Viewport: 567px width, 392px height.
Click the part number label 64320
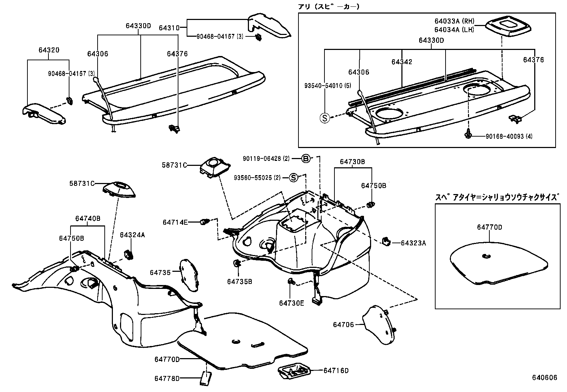click(49, 50)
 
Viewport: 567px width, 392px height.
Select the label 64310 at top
click(170, 27)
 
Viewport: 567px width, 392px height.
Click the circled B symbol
click(306, 159)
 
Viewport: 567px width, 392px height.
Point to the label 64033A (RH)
click(454, 22)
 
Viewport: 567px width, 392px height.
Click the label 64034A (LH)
click(454, 30)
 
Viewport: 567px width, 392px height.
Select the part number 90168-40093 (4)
click(509, 136)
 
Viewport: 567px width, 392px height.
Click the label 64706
click(343, 324)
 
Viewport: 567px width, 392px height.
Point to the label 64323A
click(413, 243)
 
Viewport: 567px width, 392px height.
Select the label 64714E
click(175, 222)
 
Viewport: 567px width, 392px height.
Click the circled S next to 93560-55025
click(293, 177)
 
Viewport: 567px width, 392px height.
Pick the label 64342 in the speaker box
click(402, 62)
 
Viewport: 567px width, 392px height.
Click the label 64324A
click(132, 235)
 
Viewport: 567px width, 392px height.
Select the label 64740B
click(88, 218)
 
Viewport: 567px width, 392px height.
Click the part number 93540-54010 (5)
click(328, 86)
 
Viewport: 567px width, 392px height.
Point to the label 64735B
click(239, 281)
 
